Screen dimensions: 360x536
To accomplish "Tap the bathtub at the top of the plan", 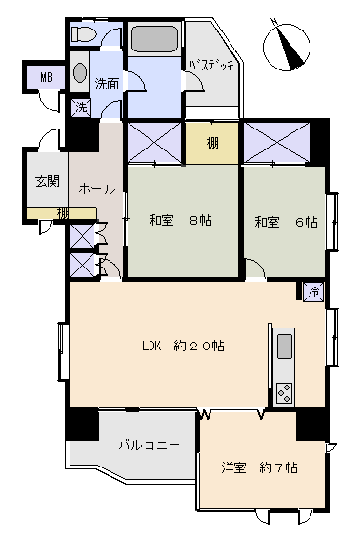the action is pyautogui.click(x=154, y=38).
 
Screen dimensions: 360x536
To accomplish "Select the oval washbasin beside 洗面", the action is pyautogui.click(x=80, y=72).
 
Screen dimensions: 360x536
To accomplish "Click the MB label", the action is pyautogui.click(x=47, y=77).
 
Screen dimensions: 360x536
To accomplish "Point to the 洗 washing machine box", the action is pyautogui.click(x=81, y=108).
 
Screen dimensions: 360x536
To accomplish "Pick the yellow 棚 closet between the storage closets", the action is pyautogui.click(x=212, y=143).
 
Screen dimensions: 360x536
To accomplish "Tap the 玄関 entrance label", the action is pyautogui.click(x=48, y=181).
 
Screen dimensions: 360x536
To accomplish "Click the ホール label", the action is pyautogui.click(x=97, y=189).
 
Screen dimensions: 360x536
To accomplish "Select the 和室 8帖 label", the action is pyautogui.click(x=181, y=220).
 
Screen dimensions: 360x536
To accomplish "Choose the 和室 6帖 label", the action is pyautogui.click(x=286, y=222).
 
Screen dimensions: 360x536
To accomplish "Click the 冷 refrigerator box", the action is pyautogui.click(x=313, y=291).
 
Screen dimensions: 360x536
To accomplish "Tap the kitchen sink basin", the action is pyautogui.click(x=285, y=347).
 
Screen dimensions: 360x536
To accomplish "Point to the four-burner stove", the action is pyautogui.click(x=285, y=393).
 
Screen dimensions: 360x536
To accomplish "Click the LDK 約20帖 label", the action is pyautogui.click(x=183, y=346).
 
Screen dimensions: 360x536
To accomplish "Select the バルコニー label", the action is pyautogui.click(x=150, y=445).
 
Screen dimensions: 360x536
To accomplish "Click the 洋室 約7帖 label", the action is pyautogui.click(x=259, y=467).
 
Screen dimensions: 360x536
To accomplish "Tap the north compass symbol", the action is pyautogui.click(x=287, y=47).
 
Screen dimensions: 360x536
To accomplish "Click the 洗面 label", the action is pyautogui.click(x=107, y=84).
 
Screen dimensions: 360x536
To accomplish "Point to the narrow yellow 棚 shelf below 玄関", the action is pyautogui.click(x=62, y=212).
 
